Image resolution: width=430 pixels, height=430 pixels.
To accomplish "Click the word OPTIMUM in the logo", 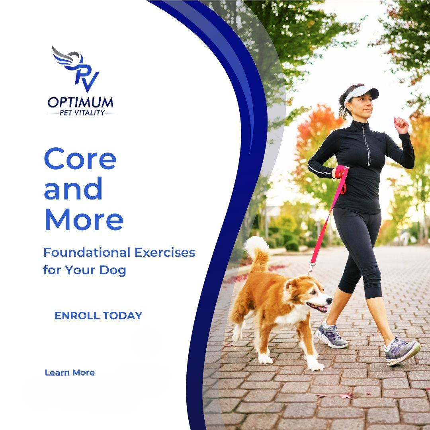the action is [x=80, y=102].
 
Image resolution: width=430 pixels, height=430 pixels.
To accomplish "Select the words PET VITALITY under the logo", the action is [x=82, y=113].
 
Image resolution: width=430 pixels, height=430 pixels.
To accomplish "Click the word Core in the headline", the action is [x=80, y=159].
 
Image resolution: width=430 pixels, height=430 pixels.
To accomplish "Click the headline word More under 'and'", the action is [x=84, y=219].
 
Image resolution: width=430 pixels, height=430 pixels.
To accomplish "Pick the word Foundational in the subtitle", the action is [x=87, y=252].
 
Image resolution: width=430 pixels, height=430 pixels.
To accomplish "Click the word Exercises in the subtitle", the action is [x=165, y=252].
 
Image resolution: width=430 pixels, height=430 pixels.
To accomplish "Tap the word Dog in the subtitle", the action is [x=112, y=270].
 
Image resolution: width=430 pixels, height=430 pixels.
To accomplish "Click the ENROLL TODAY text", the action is [x=98, y=316].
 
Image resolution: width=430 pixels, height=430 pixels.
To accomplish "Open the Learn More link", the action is [x=70, y=373].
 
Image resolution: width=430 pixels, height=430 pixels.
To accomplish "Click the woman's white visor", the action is [x=361, y=93].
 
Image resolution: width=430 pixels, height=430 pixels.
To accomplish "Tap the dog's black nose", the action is [x=329, y=301].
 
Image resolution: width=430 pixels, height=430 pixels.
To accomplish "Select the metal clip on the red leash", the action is [x=311, y=269].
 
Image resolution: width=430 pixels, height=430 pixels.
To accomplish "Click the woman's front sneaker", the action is [x=402, y=351].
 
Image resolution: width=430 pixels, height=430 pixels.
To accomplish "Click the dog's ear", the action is [x=291, y=285].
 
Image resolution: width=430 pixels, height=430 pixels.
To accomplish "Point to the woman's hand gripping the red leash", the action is [x=340, y=172].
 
